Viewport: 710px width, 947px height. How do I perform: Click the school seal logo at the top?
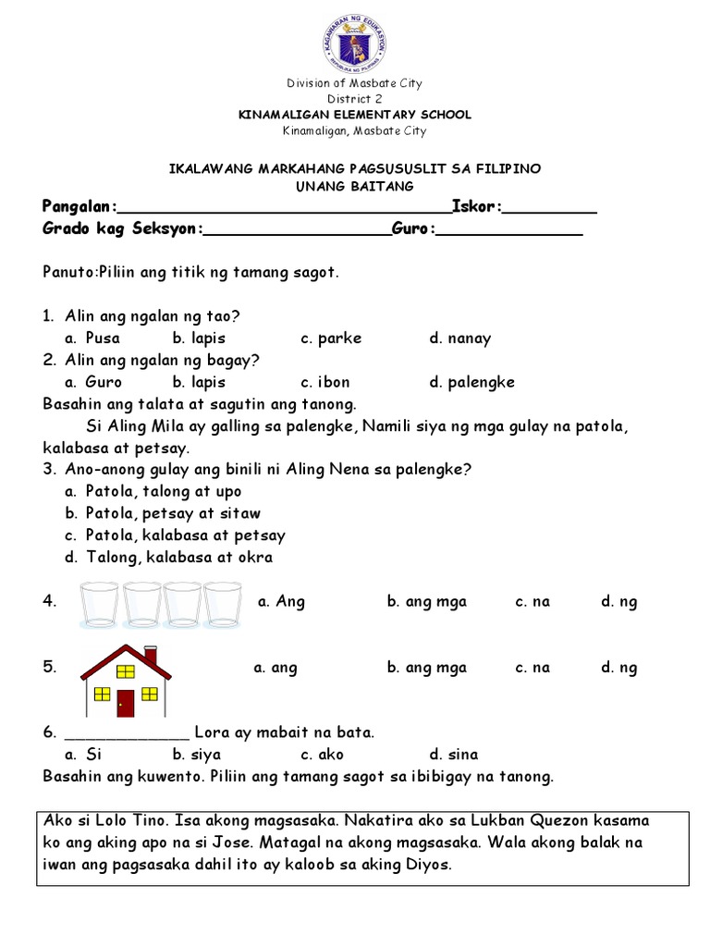point(355,41)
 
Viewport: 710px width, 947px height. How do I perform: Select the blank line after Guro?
point(508,235)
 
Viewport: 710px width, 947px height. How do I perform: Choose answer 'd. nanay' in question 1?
point(459,338)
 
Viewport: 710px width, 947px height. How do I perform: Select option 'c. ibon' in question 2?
point(324,382)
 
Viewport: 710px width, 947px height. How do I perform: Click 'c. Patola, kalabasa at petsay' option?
point(175,535)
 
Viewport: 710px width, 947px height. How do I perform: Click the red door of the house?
point(126,703)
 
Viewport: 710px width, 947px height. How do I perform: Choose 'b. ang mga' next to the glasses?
point(426,602)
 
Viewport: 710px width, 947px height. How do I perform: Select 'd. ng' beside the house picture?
point(618,668)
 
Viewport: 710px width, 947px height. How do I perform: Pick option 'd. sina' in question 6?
point(453,755)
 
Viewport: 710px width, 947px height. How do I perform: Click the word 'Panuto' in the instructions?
point(64,273)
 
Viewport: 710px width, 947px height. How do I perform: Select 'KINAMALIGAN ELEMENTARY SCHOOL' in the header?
point(355,115)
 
